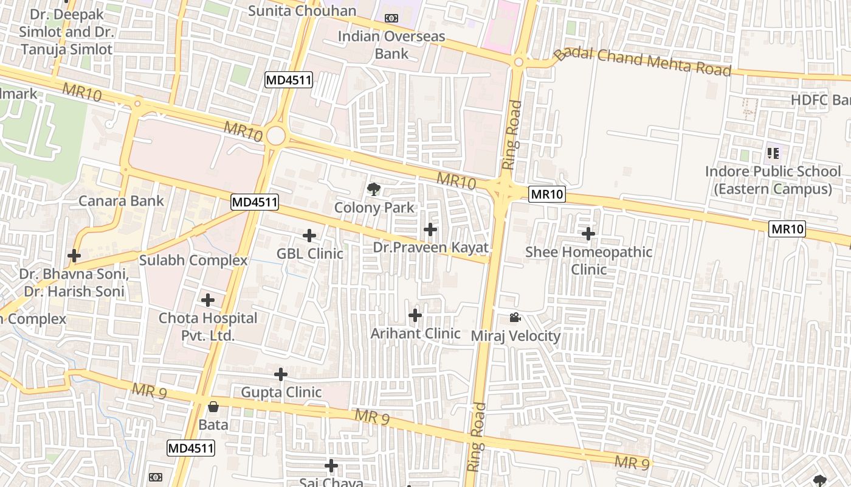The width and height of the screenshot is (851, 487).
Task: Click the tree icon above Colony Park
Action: tap(374, 189)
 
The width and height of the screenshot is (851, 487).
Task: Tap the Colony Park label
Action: tap(374, 208)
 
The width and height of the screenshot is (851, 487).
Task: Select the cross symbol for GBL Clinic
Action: tap(309, 236)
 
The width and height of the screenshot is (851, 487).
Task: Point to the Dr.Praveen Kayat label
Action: tap(430, 248)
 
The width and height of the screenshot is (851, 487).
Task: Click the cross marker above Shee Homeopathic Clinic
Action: tap(588, 234)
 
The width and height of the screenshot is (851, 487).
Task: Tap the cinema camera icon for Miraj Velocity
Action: tap(515, 318)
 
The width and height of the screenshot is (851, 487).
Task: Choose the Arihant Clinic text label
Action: tap(415, 334)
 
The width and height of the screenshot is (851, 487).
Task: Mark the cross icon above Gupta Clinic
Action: tap(280, 374)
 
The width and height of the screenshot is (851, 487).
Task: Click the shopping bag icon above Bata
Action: tap(213, 406)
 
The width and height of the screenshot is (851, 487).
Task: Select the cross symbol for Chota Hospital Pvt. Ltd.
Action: tap(208, 300)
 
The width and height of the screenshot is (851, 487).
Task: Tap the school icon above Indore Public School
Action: tap(773, 153)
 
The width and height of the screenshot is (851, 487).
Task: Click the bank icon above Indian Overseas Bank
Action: tap(391, 18)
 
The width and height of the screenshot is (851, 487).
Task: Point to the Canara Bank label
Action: tap(121, 201)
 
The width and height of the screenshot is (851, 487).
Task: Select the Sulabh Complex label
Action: tap(193, 261)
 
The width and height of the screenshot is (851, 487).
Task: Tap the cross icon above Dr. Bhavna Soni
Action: tap(74, 256)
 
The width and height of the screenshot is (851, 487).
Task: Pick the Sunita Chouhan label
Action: tap(302, 11)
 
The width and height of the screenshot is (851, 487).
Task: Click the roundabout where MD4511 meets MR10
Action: tap(276, 136)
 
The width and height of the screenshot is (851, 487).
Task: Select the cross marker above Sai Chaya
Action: tap(331, 466)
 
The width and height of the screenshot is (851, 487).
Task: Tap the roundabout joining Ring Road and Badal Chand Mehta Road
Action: tap(519, 62)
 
